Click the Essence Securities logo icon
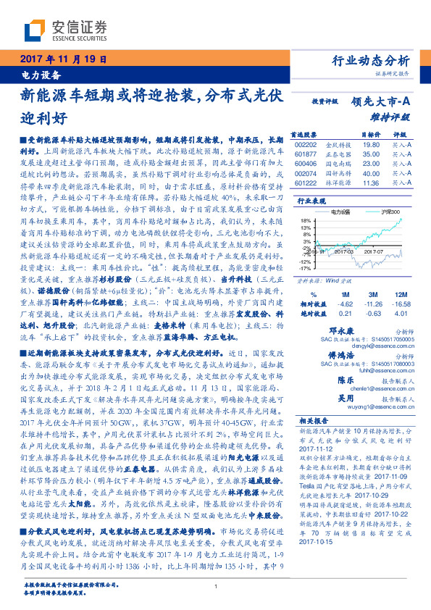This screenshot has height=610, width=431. point(36,30)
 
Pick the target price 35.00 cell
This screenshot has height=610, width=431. point(371,154)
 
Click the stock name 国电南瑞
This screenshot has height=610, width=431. point(338,164)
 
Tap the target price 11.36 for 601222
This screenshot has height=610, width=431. point(371,184)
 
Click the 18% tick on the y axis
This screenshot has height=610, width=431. point(306,219)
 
